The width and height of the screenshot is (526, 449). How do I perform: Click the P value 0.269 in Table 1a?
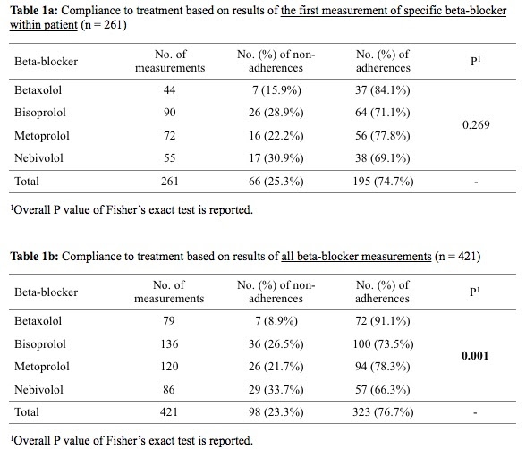point(476,124)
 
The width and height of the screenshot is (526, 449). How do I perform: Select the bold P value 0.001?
point(475,355)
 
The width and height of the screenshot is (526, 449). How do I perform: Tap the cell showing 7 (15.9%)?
point(276,89)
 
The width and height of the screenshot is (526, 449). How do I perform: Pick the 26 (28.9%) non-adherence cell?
point(276,113)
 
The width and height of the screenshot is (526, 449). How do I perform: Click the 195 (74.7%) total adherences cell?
point(383,182)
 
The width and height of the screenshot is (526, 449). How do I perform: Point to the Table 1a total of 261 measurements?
point(169,181)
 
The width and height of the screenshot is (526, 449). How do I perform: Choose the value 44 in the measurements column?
point(169,89)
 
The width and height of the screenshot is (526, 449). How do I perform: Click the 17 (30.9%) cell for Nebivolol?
point(276,158)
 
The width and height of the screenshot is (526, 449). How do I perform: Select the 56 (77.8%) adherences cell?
point(383,135)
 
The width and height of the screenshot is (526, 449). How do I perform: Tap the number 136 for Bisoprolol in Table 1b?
point(169,344)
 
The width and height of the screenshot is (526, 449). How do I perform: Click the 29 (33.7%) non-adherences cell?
point(276,390)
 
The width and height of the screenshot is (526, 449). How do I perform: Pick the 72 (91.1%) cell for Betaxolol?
point(383,321)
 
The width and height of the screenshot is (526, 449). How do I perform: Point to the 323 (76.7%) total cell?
point(383,412)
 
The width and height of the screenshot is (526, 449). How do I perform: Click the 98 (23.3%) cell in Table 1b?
point(276,412)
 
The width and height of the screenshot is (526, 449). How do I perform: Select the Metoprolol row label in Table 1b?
point(42,367)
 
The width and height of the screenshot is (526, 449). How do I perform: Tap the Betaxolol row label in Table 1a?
point(38,89)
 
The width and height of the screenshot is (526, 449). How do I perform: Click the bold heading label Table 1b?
point(34,257)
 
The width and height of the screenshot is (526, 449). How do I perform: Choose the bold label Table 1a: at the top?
point(34,11)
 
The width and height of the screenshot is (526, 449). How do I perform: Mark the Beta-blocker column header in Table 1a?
point(46,62)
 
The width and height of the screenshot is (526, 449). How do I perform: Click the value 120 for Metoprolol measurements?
point(169,367)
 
